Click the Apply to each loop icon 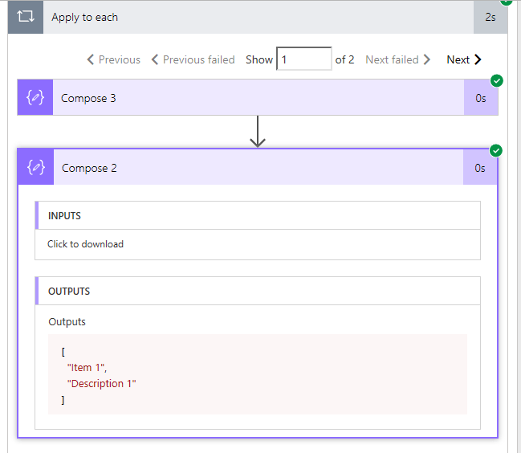tap(26, 16)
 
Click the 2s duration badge tap(490, 17)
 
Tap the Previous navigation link tap(114, 59)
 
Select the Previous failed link tap(193, 59)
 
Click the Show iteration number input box tap(304, 59)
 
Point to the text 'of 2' tap(344, 59)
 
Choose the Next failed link tap(398, 59)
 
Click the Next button tap(464, 59)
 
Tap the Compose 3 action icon tap(35, 97)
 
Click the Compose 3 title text tap(88, 98)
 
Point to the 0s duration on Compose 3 tap(481, 98)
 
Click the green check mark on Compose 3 tap(497, 81)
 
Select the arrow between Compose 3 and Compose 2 tap(258, 131)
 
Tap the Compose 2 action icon tap(36, 167)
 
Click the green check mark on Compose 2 tap(496, 150)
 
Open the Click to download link tap(85, 244)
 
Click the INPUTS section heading tap(64, 216)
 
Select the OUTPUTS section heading tap(69, 292)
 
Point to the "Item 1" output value tap(87, 368)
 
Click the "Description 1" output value tap(102, 384)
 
